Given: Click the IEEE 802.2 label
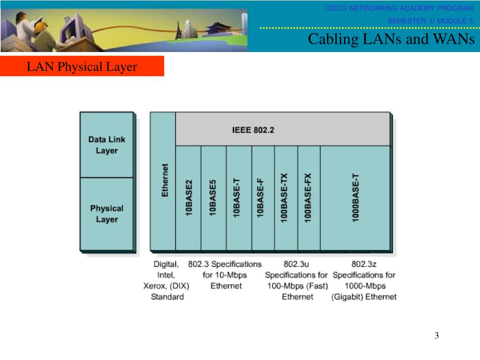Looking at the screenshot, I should coord(253,130).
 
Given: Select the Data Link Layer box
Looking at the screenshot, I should coord(107,145).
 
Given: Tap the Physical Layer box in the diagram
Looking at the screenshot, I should coord(107,214).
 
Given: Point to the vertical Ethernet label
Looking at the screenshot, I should coord(165,180).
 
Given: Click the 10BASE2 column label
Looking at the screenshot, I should coord(189,197).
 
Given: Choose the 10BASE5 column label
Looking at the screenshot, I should coord(213,197).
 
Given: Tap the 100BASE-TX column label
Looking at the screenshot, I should coord(285,197).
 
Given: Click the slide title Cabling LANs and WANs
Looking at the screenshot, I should coord(391,39).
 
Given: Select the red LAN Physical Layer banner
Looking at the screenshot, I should coord(82,67).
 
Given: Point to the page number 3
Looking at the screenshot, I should coord(436,336).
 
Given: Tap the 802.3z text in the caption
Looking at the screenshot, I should coord(364,264).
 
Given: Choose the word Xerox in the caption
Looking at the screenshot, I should coord(154,286).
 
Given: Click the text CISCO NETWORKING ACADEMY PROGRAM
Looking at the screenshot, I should coord(399,8).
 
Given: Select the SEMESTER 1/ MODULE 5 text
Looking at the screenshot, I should coord(430,21).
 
